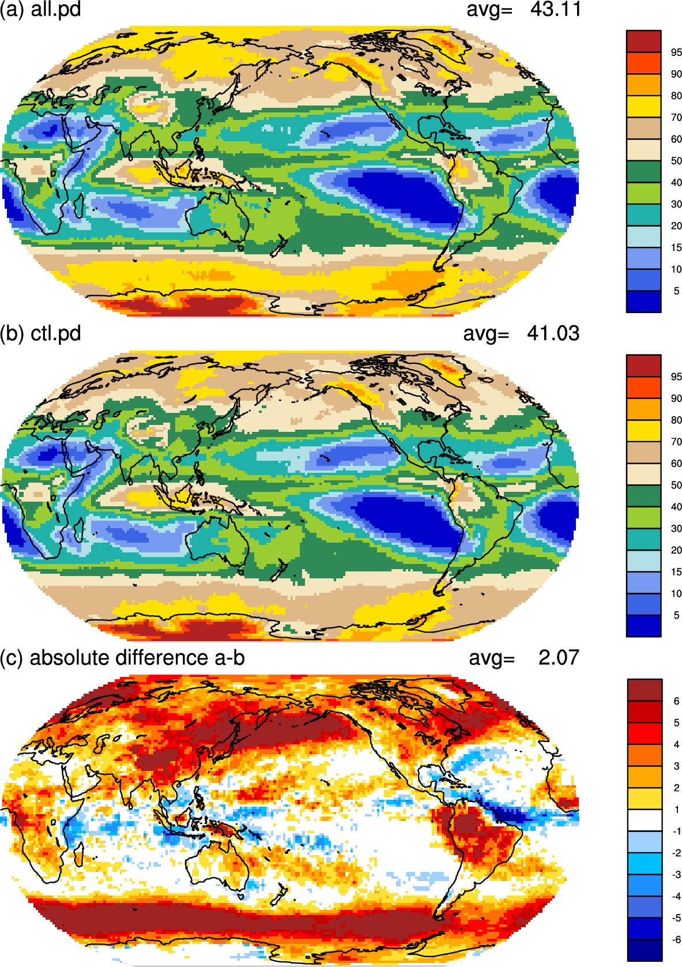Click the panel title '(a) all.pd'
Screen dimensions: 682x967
[40, 9]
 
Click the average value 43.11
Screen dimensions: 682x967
[556, 9]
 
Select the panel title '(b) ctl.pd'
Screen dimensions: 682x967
[40, 334]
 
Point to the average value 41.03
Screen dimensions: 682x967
[553, 333]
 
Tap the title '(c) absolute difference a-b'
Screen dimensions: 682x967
[123, 658]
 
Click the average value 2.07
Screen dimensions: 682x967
[559, 657]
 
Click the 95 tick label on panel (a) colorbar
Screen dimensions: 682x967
[676, 52]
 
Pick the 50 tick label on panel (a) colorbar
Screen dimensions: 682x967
[676, 161]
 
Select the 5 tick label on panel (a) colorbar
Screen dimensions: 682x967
[676, 291]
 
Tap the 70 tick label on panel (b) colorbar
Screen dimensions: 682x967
[676, 442]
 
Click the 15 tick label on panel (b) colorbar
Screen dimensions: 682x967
[676, 571]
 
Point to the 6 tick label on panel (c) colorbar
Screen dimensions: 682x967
[676, 701]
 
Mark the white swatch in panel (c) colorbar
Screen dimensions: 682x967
[645, 820]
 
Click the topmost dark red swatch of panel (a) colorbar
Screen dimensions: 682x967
[643, 42]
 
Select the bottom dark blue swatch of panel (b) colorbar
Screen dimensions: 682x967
[643, 626]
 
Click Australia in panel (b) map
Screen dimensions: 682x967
[217, 542]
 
